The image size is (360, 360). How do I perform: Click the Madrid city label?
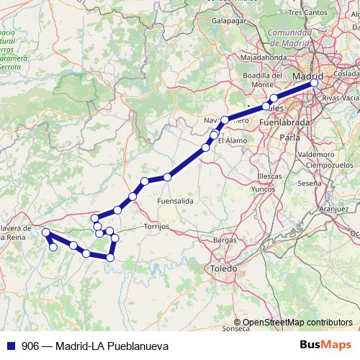click(310, 74)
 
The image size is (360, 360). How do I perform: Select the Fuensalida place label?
click(175, 201)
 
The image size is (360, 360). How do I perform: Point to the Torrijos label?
click(156, 225)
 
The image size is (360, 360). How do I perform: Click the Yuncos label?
click(264, 189)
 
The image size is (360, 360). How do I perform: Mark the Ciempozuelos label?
click(328, 165)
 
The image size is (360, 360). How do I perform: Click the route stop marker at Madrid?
click(315, 83)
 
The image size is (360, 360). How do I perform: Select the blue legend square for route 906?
click(8, 346)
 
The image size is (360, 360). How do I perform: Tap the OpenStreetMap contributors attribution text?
click(297, 323)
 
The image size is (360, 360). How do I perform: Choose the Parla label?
click(289, 135)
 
